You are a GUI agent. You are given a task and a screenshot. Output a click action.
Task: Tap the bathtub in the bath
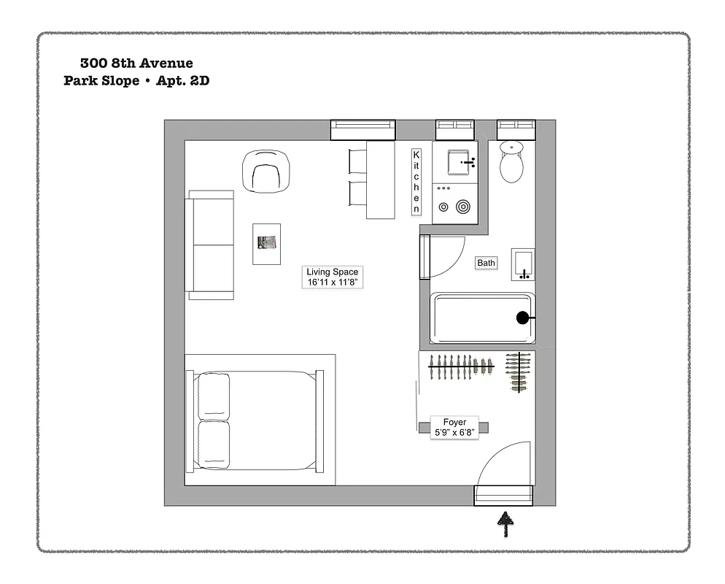481,318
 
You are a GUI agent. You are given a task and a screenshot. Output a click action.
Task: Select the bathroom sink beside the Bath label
522,264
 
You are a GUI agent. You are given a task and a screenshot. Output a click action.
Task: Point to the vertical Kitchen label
416,182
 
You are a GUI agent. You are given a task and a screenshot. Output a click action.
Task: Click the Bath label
486,263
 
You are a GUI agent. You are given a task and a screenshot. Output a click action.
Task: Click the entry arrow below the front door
504,523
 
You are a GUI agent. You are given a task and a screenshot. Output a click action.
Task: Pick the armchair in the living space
265,172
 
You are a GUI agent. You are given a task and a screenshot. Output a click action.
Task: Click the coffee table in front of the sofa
267,244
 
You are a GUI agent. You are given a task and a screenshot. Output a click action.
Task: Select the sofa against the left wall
211,245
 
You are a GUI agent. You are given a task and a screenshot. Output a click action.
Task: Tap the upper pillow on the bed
214,396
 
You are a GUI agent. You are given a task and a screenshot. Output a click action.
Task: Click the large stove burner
462,207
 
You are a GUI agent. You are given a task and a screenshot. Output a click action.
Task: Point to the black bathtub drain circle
522,318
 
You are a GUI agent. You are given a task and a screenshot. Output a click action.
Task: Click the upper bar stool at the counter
357,160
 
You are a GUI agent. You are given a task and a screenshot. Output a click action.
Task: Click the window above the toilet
516,128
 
